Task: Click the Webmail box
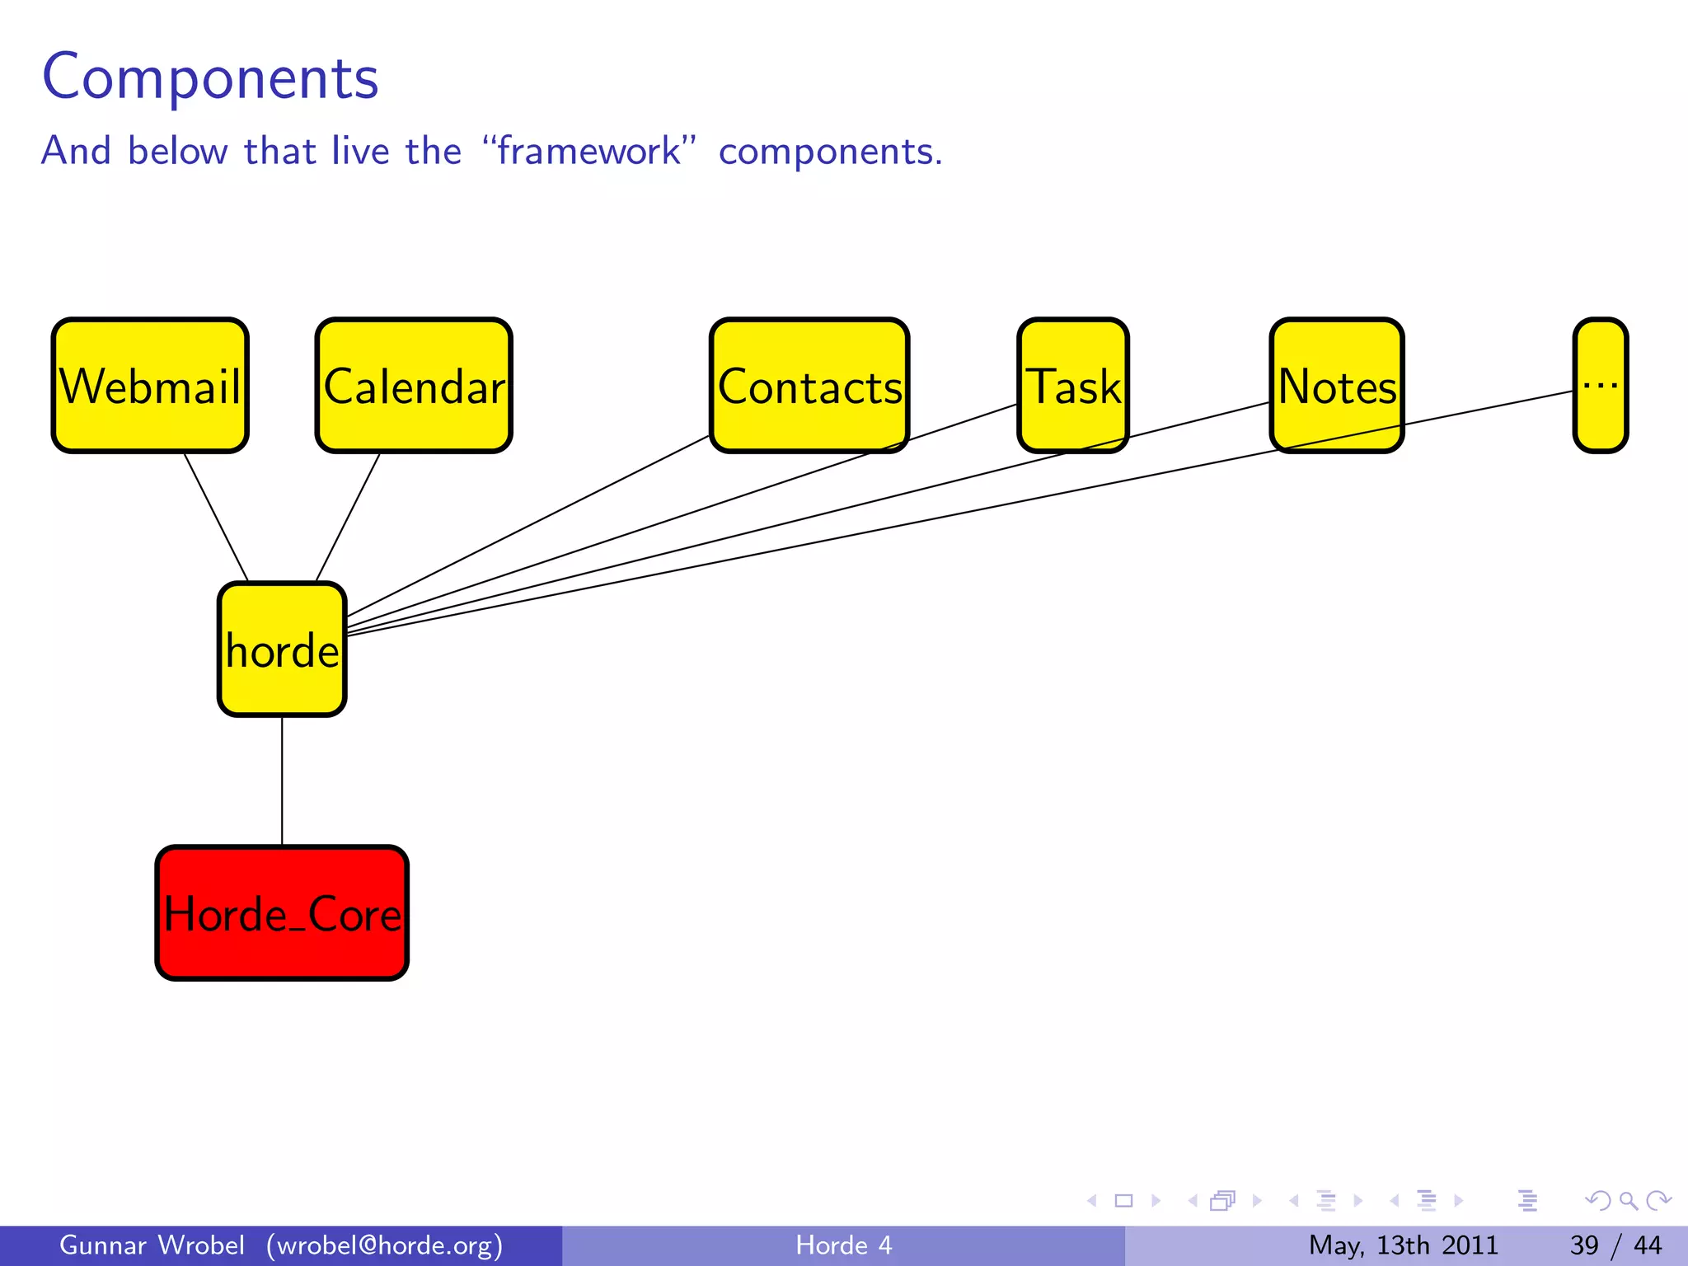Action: click(150, 385)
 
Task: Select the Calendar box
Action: click(414, 385)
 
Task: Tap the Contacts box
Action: click(809, 385)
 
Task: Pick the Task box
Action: click(1072, 385)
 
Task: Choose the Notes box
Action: click(1336, 385)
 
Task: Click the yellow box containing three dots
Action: click(1600, 385)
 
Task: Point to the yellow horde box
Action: click(282, 649)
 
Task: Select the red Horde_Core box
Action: click(282, 913)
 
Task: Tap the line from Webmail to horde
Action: click(216, 517)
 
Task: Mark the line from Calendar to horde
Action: click(348, 517)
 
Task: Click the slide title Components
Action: click(210, 77)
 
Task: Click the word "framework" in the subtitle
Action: click(588, 151)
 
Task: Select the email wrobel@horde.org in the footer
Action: click(384, 1245)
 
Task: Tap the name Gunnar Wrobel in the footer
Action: click(152, 1245)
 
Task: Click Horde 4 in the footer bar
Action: click(843, 1245)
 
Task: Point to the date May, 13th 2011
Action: click(1403, 1245)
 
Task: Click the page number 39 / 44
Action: click(1615, 1245)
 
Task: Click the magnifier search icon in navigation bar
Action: click(1628, 1201)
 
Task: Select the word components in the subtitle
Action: click(829, 152)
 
